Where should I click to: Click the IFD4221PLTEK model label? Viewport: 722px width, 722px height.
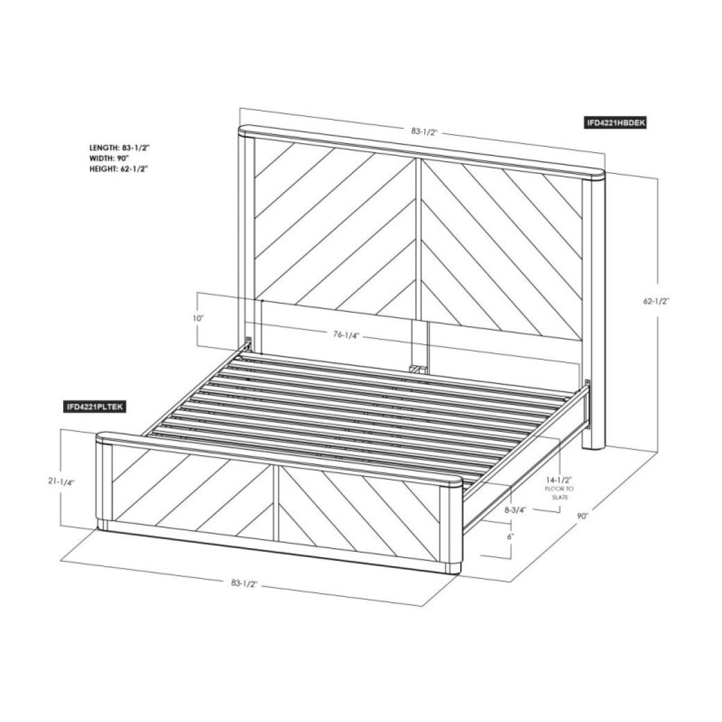94,407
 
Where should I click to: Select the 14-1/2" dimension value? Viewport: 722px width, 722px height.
559,481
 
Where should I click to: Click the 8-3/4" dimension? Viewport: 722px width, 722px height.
515,510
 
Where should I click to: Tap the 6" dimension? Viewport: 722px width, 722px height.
510,535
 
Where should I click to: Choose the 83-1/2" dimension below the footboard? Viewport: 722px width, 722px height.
244,582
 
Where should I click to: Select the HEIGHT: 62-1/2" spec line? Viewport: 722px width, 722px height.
119,169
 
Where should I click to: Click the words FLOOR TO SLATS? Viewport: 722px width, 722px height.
559,493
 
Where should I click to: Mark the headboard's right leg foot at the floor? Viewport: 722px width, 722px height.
594,446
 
